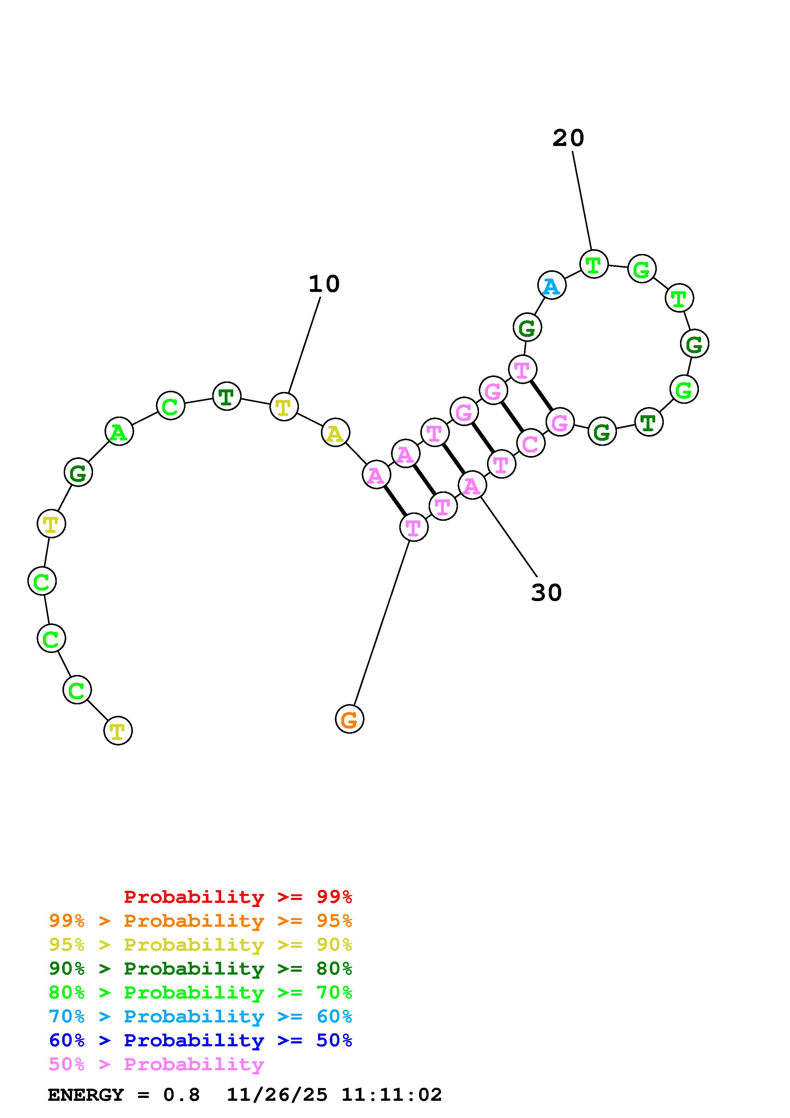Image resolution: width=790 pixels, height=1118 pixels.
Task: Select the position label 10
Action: (324, 284)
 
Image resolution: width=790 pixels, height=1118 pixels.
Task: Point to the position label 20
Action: (568, 138)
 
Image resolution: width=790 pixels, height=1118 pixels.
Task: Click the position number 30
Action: (546, 592)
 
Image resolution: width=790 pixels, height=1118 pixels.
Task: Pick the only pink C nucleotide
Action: (530, 443)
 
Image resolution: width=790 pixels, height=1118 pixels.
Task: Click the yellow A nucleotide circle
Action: (335, 432)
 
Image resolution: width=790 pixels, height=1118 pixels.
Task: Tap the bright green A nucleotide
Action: (119, 432)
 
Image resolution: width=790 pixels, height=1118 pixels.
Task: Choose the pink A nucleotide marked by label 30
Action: (472, 485)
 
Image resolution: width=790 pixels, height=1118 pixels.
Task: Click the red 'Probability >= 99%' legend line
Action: (238, 897)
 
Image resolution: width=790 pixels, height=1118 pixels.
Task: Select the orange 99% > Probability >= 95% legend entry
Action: (200, 921)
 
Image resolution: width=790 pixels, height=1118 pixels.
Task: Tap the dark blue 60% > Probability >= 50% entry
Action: (200, 1040)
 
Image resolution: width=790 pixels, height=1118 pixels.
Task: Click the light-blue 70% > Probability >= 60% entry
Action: (200, 1016)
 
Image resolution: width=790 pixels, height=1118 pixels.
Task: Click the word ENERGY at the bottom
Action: (86, 1095)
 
